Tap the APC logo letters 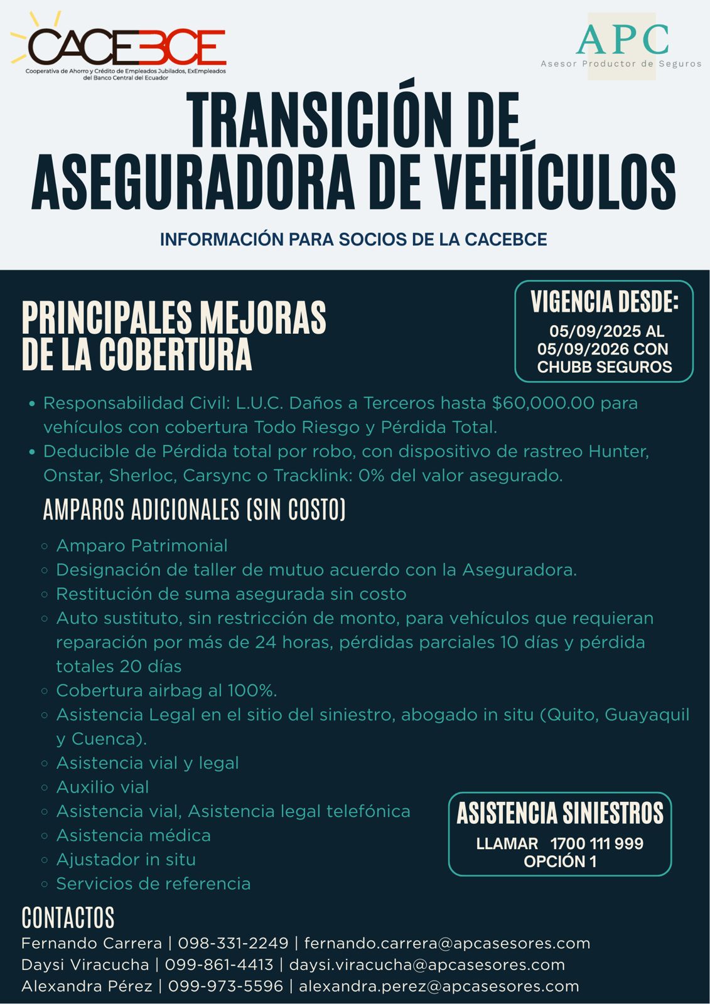click(621, 40)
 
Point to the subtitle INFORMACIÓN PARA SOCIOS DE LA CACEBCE click(353, 240)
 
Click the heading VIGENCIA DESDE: click(604, 302)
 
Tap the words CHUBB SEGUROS click(604, 367)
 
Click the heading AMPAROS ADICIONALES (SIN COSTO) click(194, 510)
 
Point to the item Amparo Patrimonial click(142, 546)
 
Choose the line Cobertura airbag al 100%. click(166, 691)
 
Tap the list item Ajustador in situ click(126, 860)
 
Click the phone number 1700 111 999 click(596, 844)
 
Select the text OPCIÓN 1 click(560, 862)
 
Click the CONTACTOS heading click(68, 917)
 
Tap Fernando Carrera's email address click(447, 944)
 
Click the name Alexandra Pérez click(87, 986)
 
